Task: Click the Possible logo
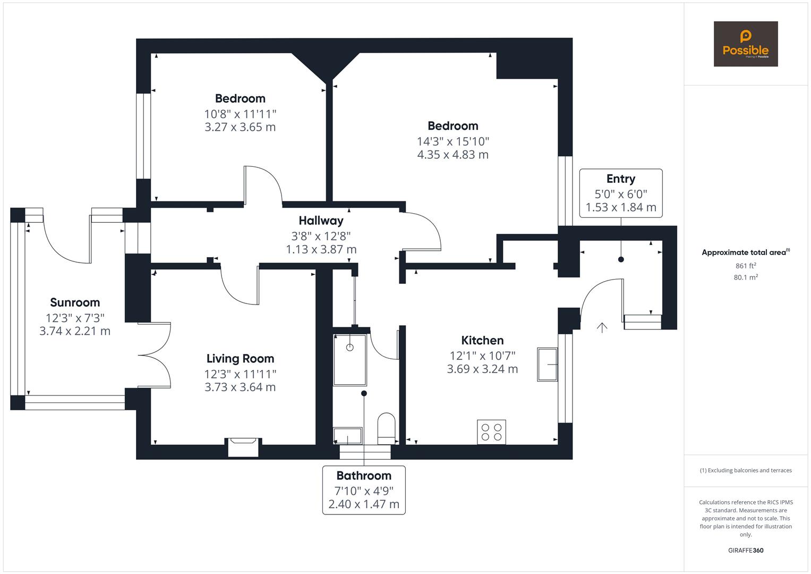tap(745, 44)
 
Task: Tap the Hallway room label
tap(321, 221)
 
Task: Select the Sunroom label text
tap(75, 302)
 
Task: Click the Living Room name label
tap(240, 359)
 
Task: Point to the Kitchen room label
tap(482, 341)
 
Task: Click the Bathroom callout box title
tap(364, 476)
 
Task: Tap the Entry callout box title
tap(620, 179)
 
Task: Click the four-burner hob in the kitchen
tap(491, 432)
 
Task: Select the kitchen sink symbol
tap(547, 365)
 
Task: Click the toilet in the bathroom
tap(386, 427)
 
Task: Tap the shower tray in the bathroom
tap(350, 360)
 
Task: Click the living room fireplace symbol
tap(243, 446)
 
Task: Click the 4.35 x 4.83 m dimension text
tap(453, 155)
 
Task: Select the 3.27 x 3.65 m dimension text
tap(240, 127)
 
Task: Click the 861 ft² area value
tap(746, 266)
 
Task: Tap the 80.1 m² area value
tap(746, 277)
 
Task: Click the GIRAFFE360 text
tap(746, 550)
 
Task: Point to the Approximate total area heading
tap(745, 252)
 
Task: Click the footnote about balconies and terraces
tap(746, 470)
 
